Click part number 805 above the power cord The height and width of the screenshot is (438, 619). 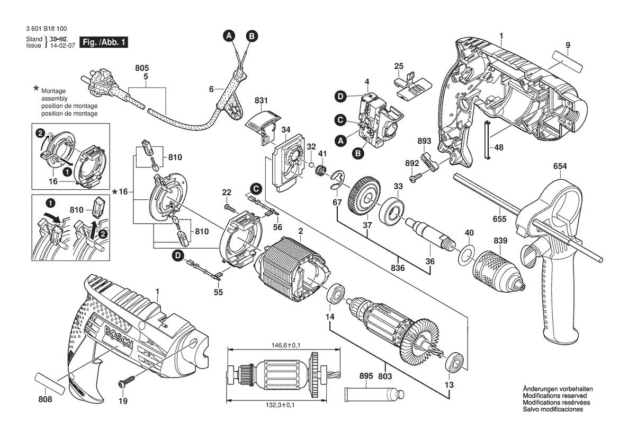pos(142,68)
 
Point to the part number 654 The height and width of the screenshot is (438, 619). pos(560,166)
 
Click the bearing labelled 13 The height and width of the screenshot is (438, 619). pos(456,362)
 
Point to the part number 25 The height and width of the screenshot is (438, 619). pos(399,66)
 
